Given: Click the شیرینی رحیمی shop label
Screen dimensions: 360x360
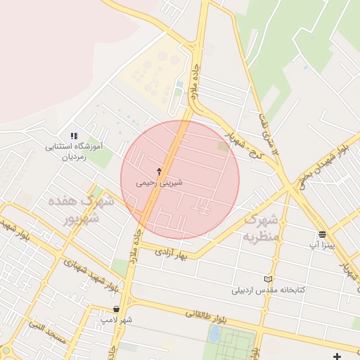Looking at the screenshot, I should click(x=160, y=182).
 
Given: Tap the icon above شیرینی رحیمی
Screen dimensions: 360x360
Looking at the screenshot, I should click(x=160, y=171).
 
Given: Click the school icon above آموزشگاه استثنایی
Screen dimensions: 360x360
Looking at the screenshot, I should click(x=74, y=136).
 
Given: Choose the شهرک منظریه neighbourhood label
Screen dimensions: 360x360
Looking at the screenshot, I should click(x=263, y=229).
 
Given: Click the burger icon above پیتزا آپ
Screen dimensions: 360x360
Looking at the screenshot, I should click(x=322, y=234).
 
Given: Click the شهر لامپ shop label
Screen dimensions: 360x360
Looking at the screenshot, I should click(x=116, y=320).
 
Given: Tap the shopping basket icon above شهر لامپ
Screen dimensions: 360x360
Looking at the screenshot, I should click(x=116, y=309).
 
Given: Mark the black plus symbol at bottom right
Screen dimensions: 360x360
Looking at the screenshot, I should click(x=338, y=356).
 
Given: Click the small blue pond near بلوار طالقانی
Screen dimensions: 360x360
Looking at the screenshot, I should click(x=214, y=334).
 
